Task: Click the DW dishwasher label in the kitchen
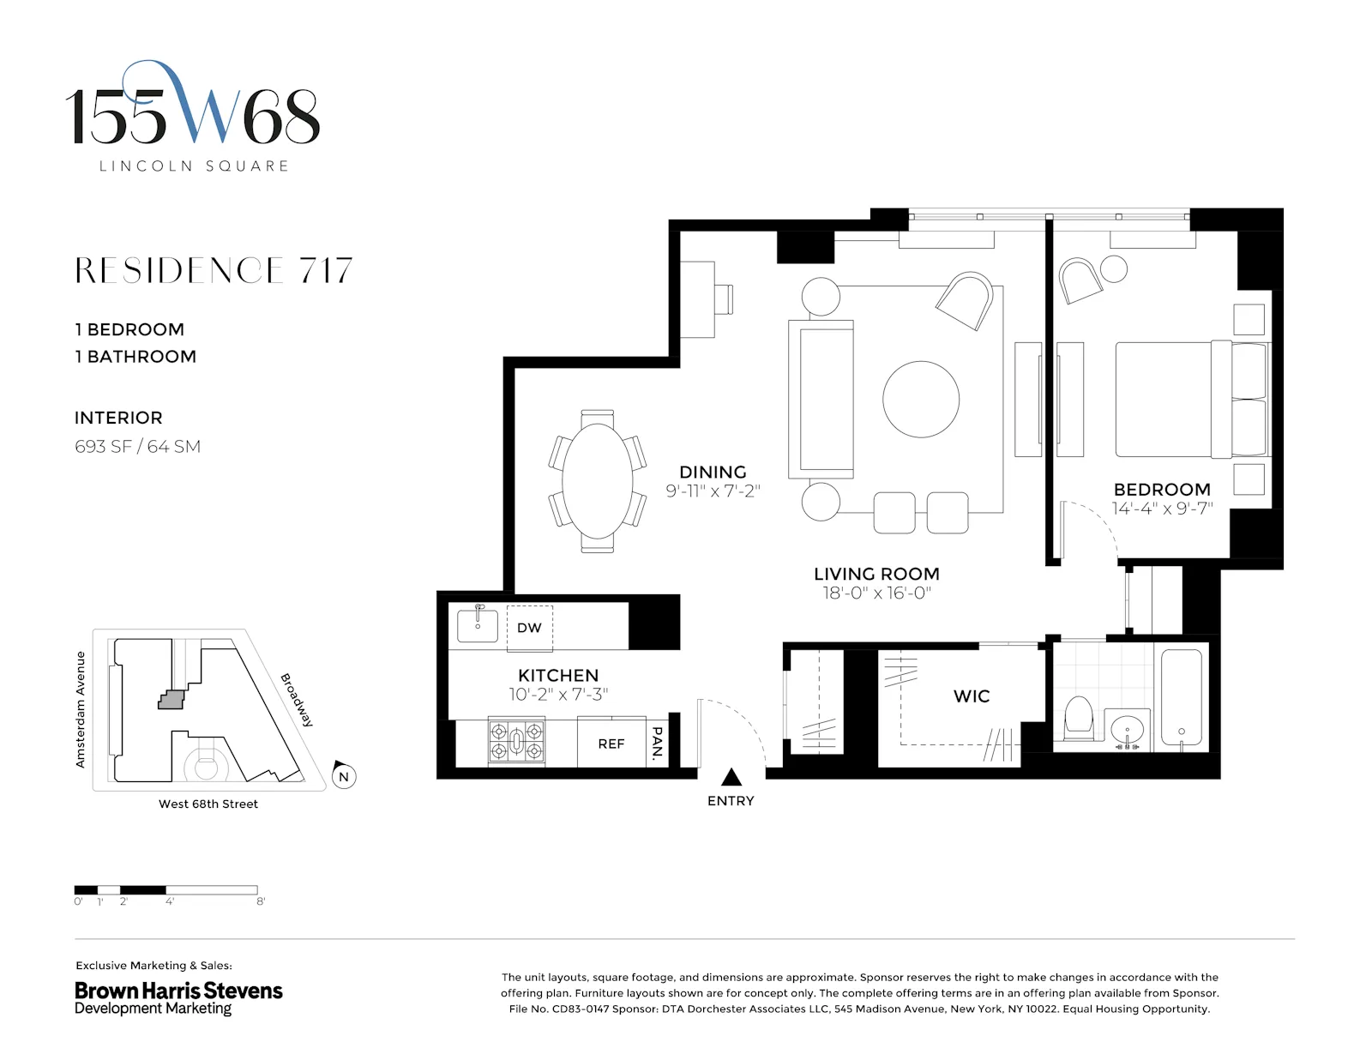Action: [529, 628]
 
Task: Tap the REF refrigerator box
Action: [611, 744]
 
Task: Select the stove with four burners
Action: [516, 742]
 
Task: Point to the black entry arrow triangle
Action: [731, 777]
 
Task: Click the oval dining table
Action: [597, 481]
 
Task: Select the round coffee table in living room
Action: [921, 400]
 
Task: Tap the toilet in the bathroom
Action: [1078, 718]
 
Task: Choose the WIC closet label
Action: [972, 696]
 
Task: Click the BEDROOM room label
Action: [1162, 490]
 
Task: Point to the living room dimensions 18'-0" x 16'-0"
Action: [876, 593]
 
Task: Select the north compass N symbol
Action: [344, 776]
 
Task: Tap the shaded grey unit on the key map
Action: [171, 700]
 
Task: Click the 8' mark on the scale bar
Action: [260, 901]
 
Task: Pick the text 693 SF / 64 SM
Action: [137, 447]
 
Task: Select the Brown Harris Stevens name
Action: [178, 991]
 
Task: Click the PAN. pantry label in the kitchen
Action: [658, 743]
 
